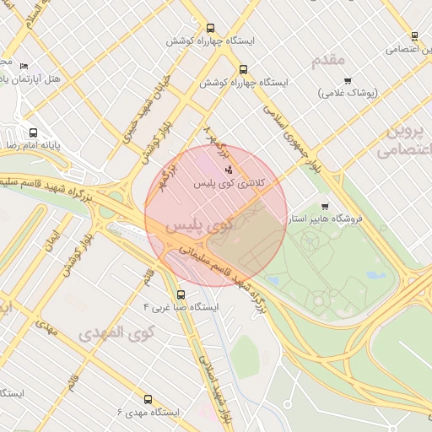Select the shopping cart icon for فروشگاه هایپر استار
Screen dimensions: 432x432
(x=326, y=207)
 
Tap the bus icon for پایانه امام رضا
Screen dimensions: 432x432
(x=34, y=132)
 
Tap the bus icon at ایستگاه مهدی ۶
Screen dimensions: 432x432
(x=148, y=399)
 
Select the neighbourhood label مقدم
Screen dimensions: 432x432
(x=328, y=60)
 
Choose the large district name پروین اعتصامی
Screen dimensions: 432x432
(x=402, y=139)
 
